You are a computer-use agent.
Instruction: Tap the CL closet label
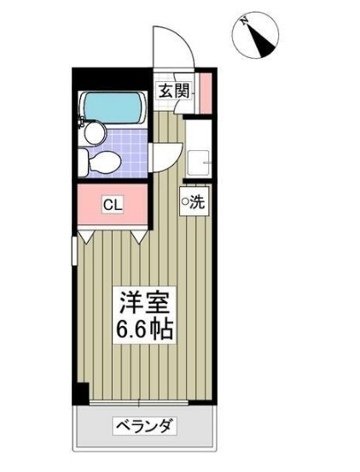coord(111,205)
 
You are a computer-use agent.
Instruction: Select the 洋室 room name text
coord(144,303)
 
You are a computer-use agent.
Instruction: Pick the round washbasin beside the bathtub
coord(93,131)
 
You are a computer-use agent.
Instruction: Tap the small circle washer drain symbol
coord(183,202)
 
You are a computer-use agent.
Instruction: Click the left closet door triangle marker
coord(89,232)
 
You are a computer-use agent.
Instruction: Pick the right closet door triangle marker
coord(139,232)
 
